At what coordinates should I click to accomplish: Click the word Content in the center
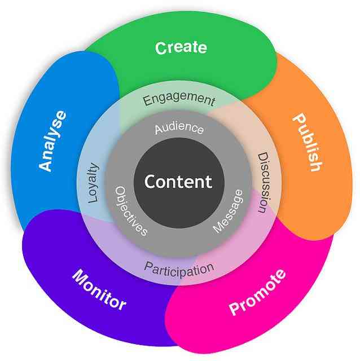tap(178, 182)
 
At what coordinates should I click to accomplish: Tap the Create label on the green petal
tap(181, 47)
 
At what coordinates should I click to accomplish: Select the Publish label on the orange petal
tap(308, 142)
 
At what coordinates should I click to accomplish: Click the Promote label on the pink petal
tap(257, 292)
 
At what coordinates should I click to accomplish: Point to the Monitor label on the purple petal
tap(99, 289)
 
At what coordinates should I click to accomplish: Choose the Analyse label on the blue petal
tap(52, 140)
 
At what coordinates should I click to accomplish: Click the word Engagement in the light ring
tap(179, 99)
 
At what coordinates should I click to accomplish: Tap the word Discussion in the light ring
tap(264, 182)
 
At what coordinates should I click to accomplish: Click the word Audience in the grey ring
tap(179, 128)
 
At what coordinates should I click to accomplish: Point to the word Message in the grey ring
tap(228, 211)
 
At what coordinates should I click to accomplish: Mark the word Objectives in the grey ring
tap(131, 211)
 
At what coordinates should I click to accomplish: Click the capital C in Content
tap(150, 182)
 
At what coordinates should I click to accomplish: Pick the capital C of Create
tap(161, 49)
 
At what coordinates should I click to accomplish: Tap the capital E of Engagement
tap(147, 101)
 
